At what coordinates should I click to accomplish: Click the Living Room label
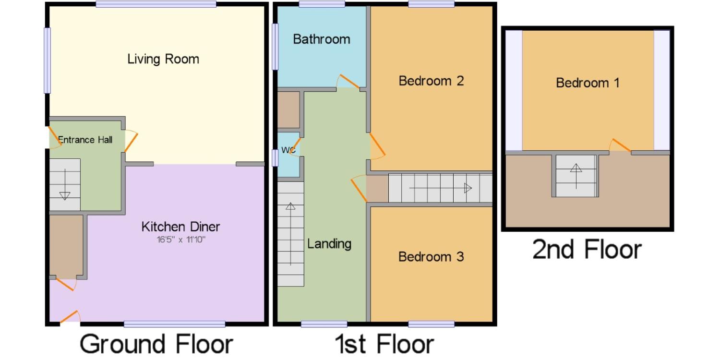tap(163, 59)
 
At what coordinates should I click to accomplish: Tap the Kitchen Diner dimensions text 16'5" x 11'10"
tap(181, 240)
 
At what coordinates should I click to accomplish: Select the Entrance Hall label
tap(85, 140)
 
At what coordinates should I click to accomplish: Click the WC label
tap(288, 150)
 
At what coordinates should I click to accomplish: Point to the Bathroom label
tap(322, 39)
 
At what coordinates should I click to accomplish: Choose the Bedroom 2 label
tap(431, 81)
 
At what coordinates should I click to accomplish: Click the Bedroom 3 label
tap(431, 257)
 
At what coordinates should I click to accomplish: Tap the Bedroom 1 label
tap(588, 83)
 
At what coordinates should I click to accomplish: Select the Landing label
tap(329, 244)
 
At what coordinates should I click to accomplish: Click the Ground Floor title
tap(156, 344)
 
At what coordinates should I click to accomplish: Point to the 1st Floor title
tap(384, 344)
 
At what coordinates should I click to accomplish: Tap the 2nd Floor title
tap(587, 250)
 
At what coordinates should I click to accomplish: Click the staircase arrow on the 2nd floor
tap(576, 176)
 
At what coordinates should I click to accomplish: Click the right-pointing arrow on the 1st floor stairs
tap(440, 188)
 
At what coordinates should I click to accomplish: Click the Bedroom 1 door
tap(620, 145)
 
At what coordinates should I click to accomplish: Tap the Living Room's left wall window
tap(47, 60)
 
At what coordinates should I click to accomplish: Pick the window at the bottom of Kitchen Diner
tap(175, 324)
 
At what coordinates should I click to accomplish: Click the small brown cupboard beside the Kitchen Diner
tap(66, 245)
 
